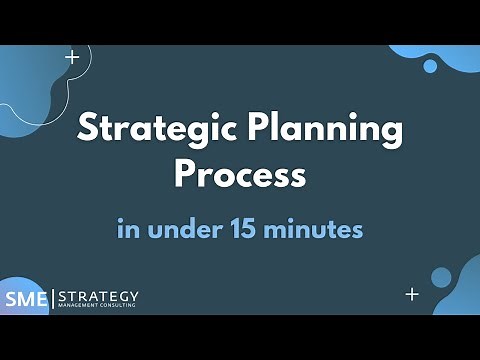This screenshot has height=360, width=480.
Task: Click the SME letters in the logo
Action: tap(26, 299)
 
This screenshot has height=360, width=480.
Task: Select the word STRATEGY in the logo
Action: tap(99, 296)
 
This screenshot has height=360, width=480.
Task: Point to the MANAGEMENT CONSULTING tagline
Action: tap(99, 308)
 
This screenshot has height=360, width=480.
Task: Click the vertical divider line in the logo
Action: tap(52, 299)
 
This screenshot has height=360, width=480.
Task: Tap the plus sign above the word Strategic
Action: tap(72, 57)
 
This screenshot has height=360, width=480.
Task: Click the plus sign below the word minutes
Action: tap(412, 294)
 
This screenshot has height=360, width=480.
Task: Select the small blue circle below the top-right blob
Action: tap(431, 66)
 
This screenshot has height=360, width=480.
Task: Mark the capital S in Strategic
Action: tap(88, 130)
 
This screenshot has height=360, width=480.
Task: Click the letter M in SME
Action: tap(25, 299)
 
